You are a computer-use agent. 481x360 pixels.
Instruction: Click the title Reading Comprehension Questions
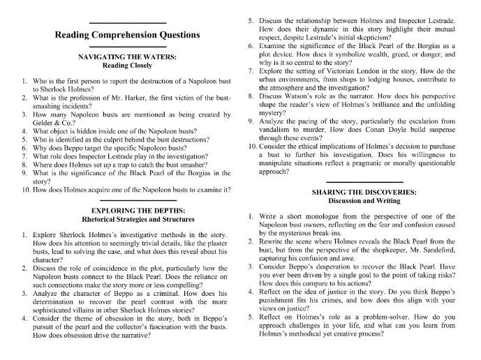tap(128, 34)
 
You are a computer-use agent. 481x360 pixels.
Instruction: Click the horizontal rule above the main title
tap(127, 22)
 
